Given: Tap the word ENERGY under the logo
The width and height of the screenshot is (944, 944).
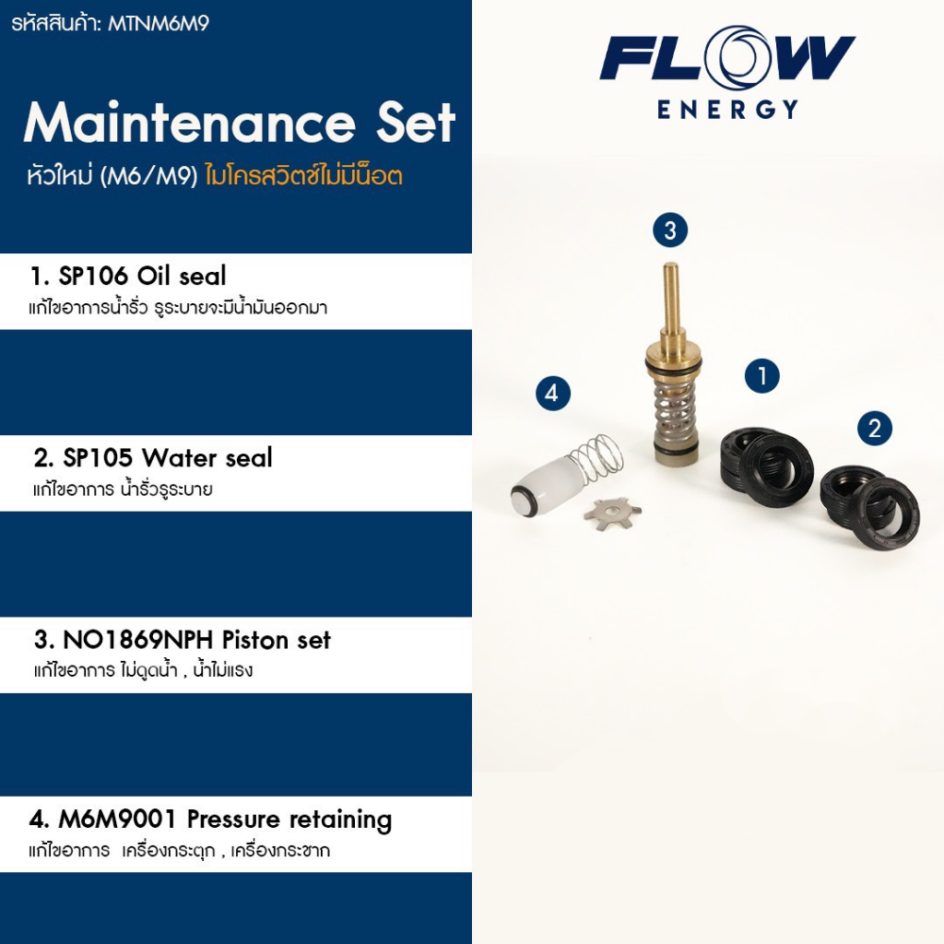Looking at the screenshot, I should pos(727,110).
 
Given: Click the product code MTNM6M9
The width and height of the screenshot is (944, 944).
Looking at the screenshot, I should pos(158,23).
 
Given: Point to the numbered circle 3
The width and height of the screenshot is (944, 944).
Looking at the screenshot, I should pos(670,230).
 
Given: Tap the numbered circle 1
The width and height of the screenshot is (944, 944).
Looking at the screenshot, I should pos(762,375).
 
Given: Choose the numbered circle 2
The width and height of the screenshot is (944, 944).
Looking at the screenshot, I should pos(874,428).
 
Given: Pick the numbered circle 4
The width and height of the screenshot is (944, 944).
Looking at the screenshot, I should pos(551,394).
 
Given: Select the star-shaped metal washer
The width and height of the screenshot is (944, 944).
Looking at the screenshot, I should pos(611,512).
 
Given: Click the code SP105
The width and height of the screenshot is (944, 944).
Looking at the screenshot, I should pos(97,457).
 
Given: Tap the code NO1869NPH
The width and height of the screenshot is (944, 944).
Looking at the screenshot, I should pos(139,640).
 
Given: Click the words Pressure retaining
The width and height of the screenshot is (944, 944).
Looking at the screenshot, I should pos(289,820).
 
